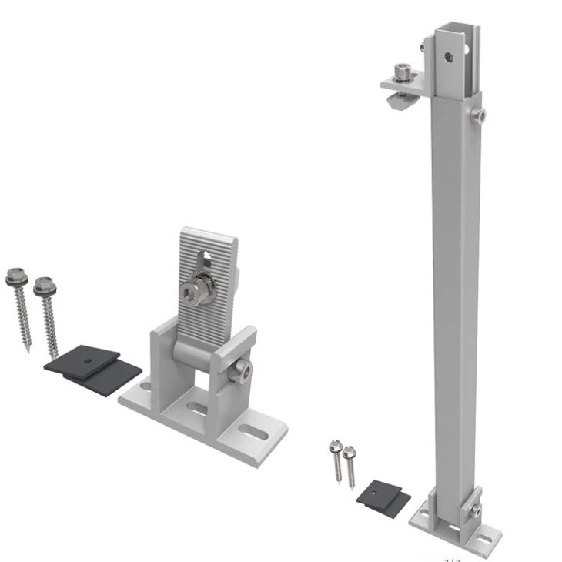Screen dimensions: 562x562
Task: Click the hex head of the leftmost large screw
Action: point(15,273)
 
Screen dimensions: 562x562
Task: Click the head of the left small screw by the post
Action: point(335,446)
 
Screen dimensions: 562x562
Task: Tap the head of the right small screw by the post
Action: point(349,451)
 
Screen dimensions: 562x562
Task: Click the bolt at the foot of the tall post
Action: point(477,510)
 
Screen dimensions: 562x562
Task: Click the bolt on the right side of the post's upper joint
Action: point(481,116)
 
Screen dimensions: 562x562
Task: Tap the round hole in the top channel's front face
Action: point(448,55)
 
